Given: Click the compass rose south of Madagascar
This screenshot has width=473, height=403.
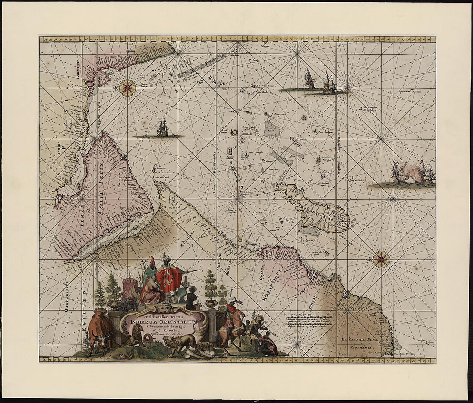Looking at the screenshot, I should coord(381,259).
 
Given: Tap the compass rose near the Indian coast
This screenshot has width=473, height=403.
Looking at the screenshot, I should coord(127,88).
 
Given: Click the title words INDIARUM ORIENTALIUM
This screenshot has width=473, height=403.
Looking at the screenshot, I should coord(164,322).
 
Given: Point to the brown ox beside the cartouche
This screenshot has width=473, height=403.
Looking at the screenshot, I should coord(100,328).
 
